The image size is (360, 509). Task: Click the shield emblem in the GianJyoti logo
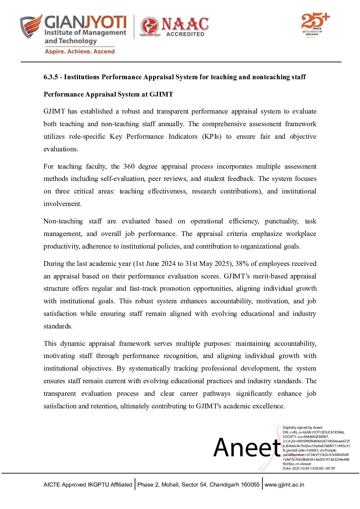(31, 26)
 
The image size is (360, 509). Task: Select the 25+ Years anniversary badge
(315, 24)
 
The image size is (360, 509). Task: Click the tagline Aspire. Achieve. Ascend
(80, 51)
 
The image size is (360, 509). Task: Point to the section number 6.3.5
(51, 77)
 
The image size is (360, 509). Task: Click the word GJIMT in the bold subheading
(161, 95)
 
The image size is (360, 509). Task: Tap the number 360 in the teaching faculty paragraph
(129, 167)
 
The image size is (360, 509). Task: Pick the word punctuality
(281, 221)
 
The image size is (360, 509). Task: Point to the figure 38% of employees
(241, 264)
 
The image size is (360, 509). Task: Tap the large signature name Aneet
(247, 447)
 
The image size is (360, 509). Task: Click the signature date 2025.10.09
(304, 469)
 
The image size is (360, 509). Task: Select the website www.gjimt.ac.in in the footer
(284, 485)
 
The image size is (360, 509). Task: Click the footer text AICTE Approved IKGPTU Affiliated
(88, 485)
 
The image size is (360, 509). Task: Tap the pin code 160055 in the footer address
(250, 485)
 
